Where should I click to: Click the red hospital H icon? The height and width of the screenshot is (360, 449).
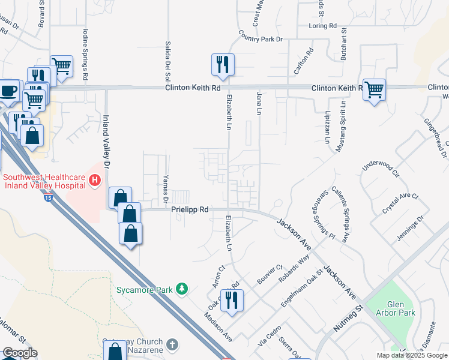(x=94, y=179)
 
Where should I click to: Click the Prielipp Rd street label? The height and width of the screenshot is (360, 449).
(x=189, y=210)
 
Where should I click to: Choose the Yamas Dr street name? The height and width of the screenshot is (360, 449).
(x=165, y=188)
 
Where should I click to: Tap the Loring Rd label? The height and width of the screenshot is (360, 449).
(x=322, y=26)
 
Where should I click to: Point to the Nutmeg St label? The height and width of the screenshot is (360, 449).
(x=349, y=319)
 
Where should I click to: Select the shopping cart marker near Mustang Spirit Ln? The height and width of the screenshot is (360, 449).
(x=374, y=89)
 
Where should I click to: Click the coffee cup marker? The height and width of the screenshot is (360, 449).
(x=8, y=91)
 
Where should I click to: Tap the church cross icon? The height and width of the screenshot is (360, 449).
(x=173, y=344)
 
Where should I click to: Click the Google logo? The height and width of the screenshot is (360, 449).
(x=20, y=353)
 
